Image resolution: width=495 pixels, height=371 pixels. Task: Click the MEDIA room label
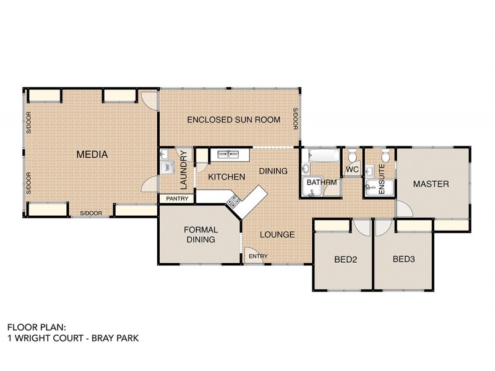click(92, 155)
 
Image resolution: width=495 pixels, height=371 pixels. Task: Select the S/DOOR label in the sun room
click(296, 119)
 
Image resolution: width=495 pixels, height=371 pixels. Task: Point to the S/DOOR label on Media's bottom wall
click(90, 214)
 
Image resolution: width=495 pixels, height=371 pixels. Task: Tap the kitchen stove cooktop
click(234, 200)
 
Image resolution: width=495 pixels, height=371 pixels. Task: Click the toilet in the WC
click(352, 155)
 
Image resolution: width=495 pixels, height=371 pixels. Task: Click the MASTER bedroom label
click(431, 184)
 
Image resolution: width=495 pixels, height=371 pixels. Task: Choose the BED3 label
click(403, 259)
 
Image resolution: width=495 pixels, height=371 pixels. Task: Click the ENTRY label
click(255, 256)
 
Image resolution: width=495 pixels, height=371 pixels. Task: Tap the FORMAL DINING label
click(200, 235)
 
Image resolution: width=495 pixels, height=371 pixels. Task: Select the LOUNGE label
click(277, 234)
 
